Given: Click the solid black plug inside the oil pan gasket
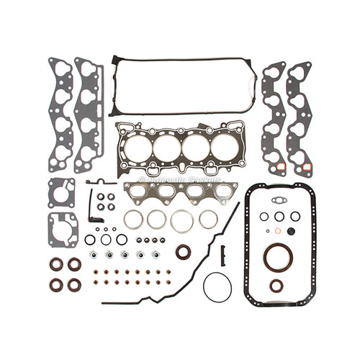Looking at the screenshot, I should click(x=292, y=231).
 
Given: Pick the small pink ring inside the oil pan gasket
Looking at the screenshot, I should click(x=278, y=231).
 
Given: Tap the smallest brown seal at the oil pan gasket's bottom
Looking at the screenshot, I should click(x=276, y=286).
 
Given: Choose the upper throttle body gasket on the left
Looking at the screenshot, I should click(x=62, y=192).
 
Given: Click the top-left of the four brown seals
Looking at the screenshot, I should click(x=56, y=264).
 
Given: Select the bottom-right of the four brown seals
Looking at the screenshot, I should click(x=74, y=284).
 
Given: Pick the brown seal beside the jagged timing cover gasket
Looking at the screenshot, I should click(x=184, y=252).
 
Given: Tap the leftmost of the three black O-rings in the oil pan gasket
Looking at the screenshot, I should click(x=264, y=217).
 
